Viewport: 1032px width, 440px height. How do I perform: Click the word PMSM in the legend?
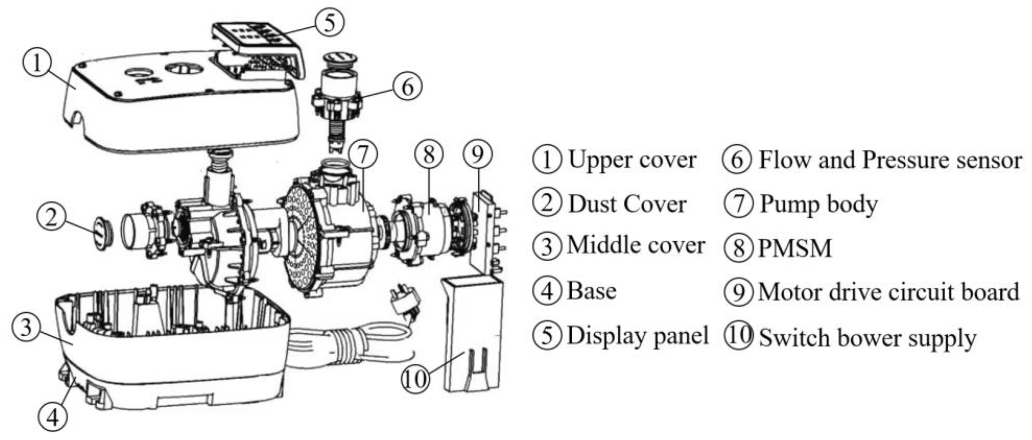pos(795,248)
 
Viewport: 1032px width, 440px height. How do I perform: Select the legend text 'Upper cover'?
pos(632,160)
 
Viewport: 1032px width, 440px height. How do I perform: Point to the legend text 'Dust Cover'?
pos(627,204)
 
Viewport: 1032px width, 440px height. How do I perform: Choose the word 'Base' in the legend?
pos(591,291)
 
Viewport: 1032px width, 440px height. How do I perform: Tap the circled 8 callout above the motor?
pos(429,155)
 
